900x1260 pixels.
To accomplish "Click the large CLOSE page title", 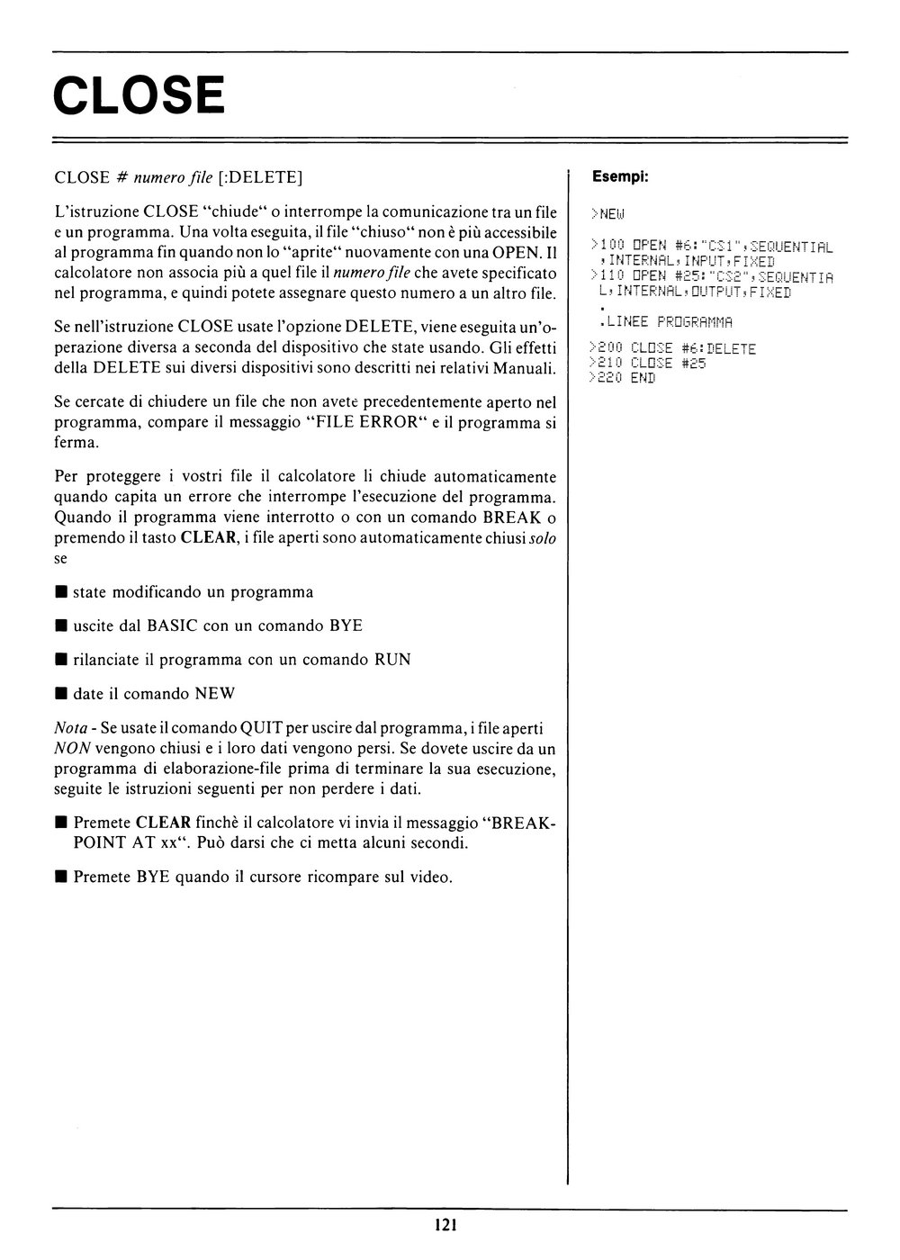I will point(139,95).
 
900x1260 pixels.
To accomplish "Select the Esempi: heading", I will point(619,177).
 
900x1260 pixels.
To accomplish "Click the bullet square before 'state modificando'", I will point(60,592).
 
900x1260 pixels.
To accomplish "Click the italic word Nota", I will point(70,726).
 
